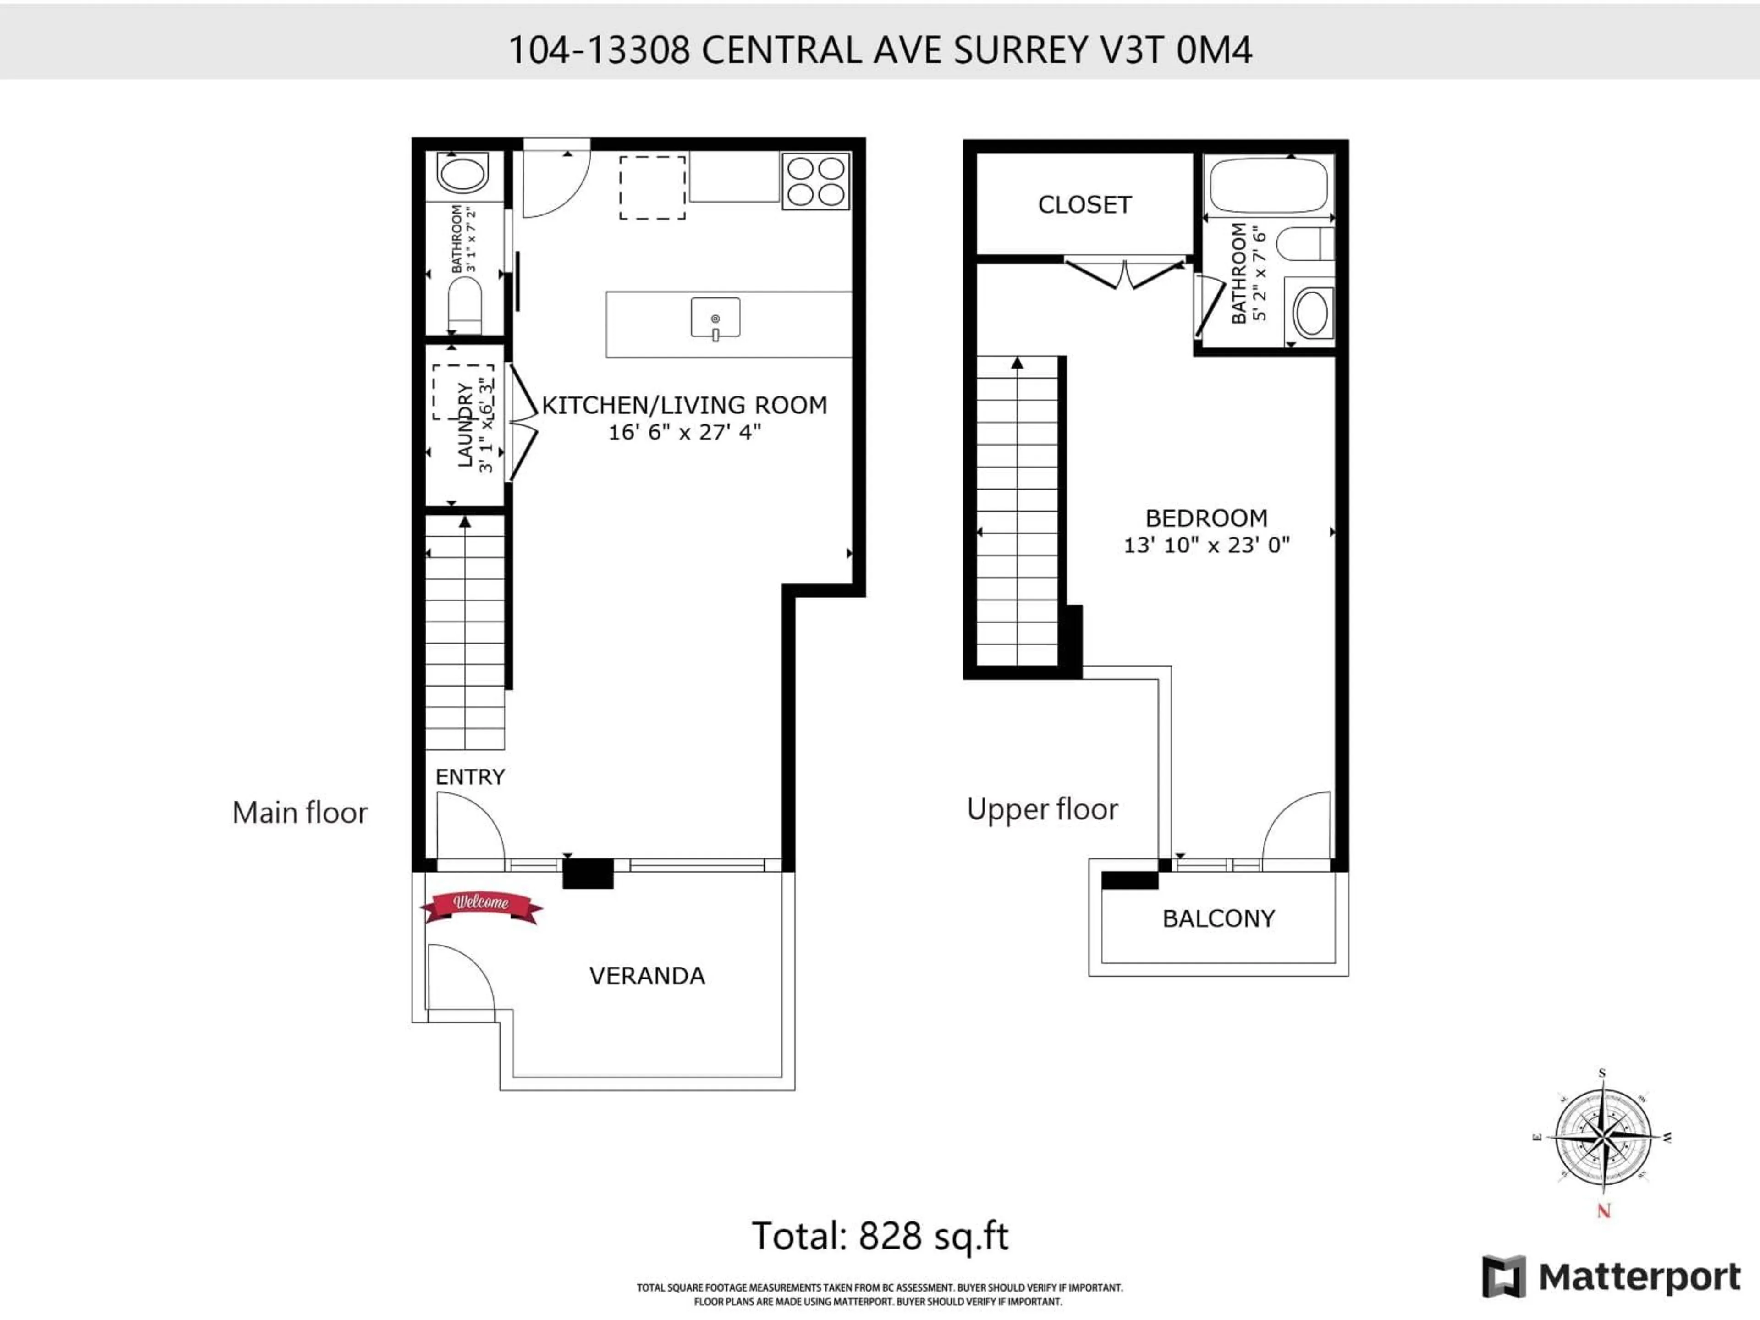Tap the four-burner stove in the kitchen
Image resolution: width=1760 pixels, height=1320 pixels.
click(x=815, y=181)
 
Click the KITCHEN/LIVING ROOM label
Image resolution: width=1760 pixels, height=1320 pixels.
click(x=684, y=405)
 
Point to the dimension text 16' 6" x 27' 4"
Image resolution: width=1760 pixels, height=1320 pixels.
click(x=684, y=432)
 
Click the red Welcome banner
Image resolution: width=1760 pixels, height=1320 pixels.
click(x=481, y=905)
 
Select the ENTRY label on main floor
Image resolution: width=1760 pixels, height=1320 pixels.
click(x=469, y=776)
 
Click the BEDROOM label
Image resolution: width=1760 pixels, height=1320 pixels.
click(x=1206, y=518)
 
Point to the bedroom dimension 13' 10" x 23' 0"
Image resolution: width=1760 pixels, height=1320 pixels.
click(x=1206, y=545)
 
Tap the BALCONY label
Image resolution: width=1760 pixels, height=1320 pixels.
click(x=1218, y=919)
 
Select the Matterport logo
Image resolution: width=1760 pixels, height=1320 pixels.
click(x=1611, y=1277)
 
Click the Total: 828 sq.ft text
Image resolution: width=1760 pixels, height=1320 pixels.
click(x=880, y=1236)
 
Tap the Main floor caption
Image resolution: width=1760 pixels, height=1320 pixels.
click(x=300, y=812)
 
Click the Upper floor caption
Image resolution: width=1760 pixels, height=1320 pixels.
click(x=1042, y=809)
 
